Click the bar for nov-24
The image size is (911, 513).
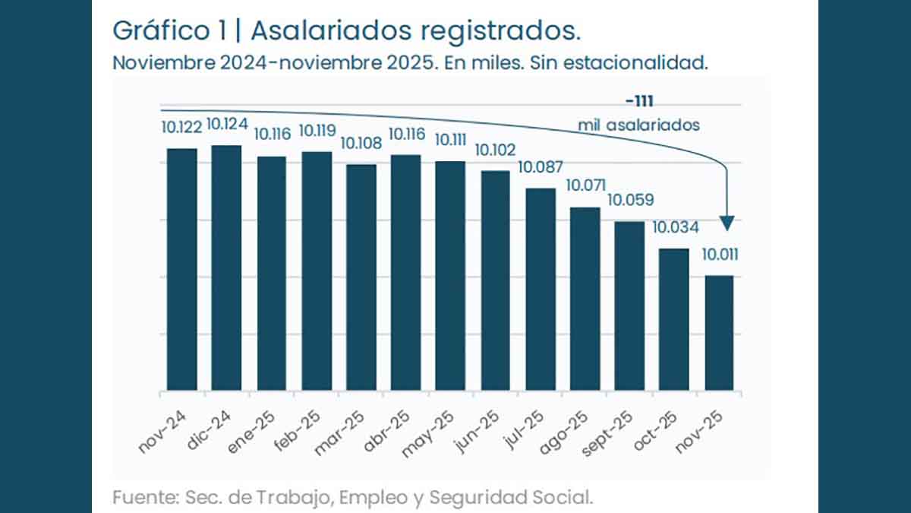coord(181,270)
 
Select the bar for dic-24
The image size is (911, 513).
coord(226,268)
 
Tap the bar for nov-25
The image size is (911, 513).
coord(718,333)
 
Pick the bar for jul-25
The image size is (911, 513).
coord(540,290)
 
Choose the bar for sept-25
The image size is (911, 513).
coord(629,306)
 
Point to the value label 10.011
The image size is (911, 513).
coord(719,255)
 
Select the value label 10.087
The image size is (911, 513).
coord(540,167)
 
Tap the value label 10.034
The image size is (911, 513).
coord(675,227)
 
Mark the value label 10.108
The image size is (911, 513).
coord(361,143)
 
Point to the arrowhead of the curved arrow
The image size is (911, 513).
coord(727,223)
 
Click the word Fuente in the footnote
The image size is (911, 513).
coord(143,499)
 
